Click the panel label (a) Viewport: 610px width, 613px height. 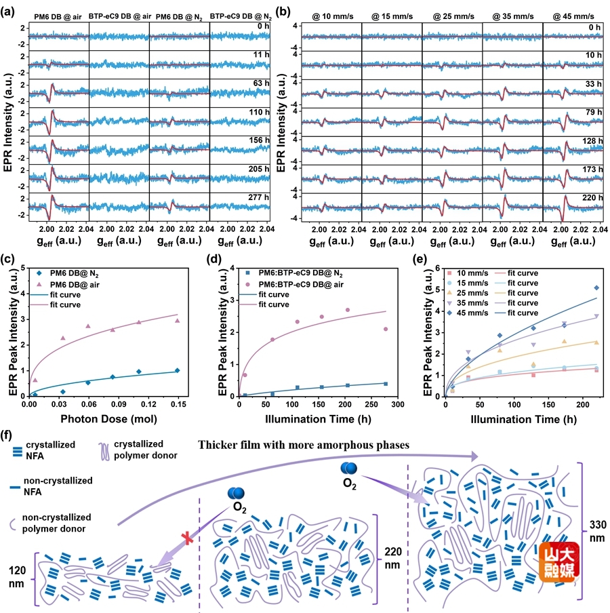(x=12, y=11)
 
